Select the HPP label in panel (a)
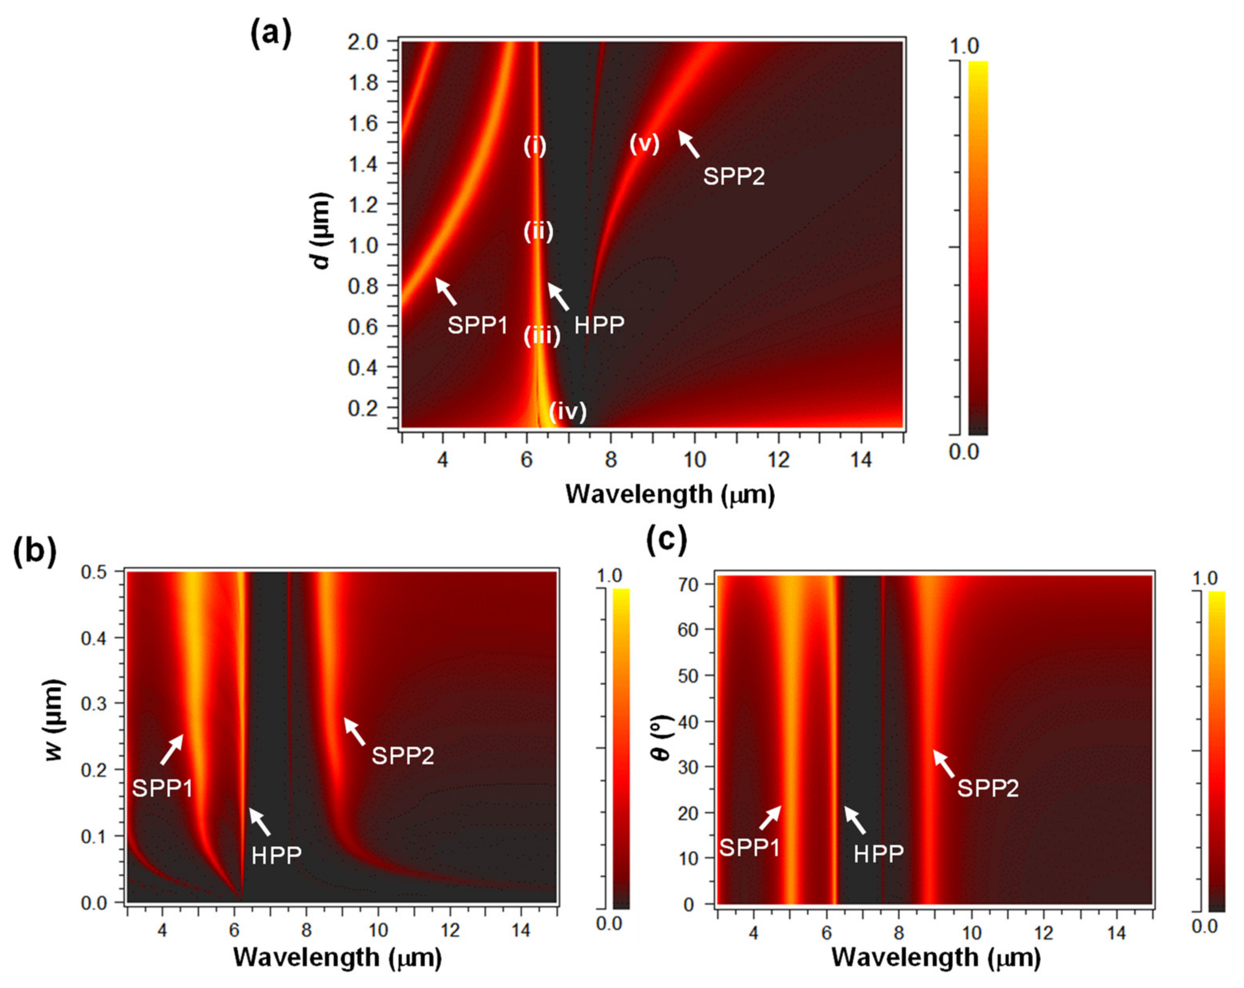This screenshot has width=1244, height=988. coord(599,325)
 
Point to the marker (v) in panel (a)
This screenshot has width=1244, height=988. coord(644,144)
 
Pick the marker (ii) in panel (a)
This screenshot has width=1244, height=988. coord(539,232)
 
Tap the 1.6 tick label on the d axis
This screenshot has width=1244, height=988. coord(364,123)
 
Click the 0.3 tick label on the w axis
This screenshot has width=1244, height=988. coord(94,703)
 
